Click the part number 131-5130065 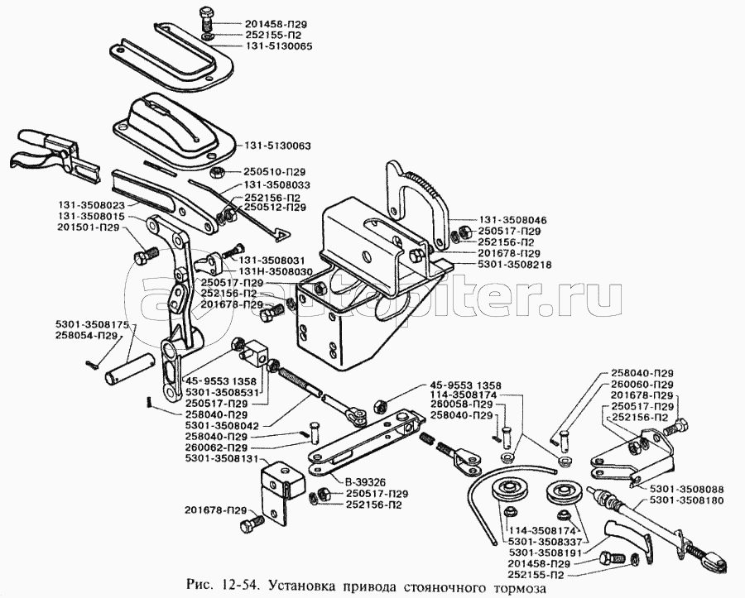280,47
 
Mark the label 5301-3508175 93,324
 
